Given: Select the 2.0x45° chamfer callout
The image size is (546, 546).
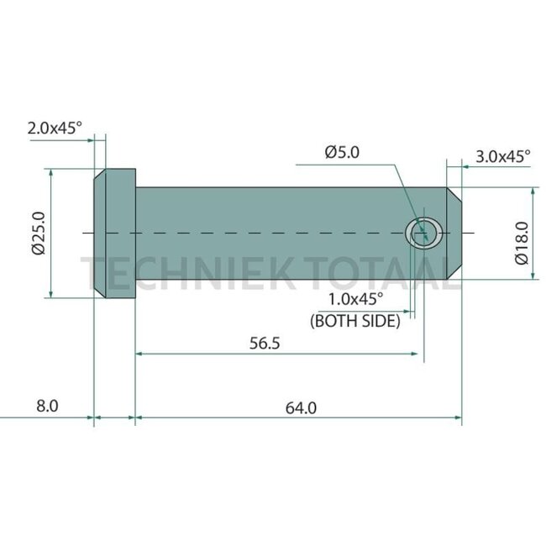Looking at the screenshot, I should pyautogui.click(x=55, y=129).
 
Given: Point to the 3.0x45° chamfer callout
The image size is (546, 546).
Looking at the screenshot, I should pyautogui.click(x=503, y=155).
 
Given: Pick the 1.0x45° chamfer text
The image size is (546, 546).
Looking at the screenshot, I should pyautogui.click(x=354, y=300).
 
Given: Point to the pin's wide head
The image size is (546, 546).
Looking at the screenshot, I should pyautogui.click(x=113, y=233).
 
